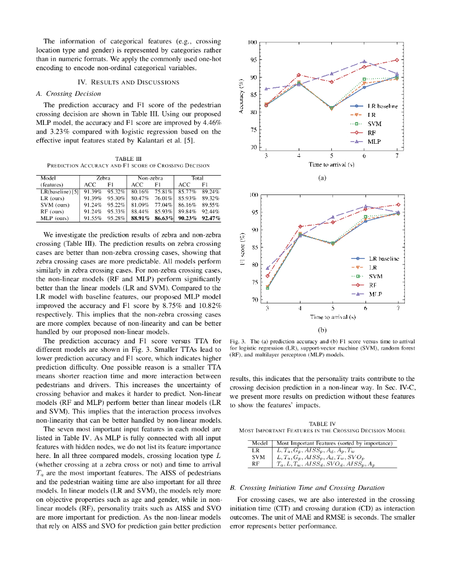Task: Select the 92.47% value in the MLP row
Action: (210, 218)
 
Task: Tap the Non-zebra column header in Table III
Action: (151, 179)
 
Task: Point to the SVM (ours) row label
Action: (55, 204)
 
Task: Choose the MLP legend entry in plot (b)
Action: (375, 294)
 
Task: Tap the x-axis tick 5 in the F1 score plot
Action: (332, 308)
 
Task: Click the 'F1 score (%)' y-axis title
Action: (242, 248)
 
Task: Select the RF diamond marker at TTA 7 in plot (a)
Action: (397, 60)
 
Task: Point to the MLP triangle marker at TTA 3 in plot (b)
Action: (267, 267)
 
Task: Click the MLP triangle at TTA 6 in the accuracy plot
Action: (364, 62)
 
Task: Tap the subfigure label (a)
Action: (322, 177)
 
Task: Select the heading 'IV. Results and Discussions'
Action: (128, 82)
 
